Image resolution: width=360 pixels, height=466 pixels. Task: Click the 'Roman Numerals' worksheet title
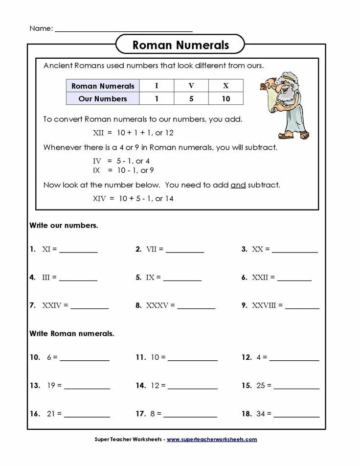click(x=180, y=46)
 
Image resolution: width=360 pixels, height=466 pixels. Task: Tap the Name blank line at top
click(x=123, y=30)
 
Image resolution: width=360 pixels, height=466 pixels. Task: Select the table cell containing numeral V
click(x=191, y=86)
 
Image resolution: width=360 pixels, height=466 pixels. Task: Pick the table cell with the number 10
click(x=225, y=98)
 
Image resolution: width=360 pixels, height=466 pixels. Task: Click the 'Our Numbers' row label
click(x=103, y=98)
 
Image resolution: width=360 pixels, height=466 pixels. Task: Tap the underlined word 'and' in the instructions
click(x=238, y=185)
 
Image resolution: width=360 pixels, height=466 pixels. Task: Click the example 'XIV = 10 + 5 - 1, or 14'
click(x=133, y=198)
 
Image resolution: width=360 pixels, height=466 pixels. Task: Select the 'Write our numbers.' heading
click(x=64, y=226)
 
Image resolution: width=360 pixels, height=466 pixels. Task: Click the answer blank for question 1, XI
click(x=78, y=251)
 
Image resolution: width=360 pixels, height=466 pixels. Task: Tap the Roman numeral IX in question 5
click(x=150, y=278)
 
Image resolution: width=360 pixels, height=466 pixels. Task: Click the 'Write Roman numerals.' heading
click(x=71, y=333)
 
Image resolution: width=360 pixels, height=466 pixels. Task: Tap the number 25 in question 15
click(x=260, y=386)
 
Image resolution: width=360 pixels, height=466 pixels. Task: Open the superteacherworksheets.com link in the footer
click(x=212, y=440)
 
